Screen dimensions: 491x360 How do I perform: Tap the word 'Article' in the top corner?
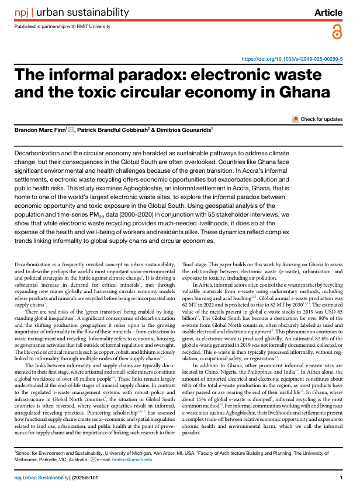(328, 12)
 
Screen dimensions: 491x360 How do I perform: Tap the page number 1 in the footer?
(340, 478)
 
